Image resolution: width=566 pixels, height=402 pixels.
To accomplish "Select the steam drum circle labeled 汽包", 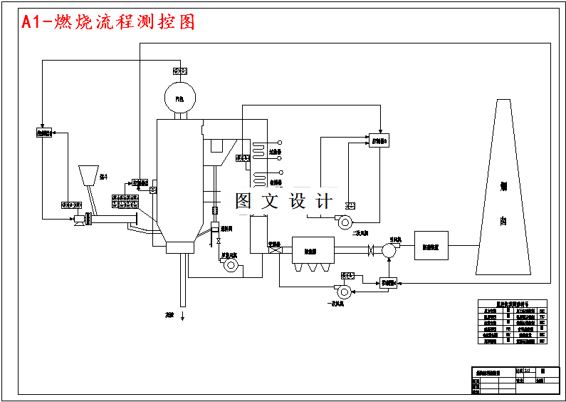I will coord(179,97).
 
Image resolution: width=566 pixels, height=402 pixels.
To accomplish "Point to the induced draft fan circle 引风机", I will coord(389,250).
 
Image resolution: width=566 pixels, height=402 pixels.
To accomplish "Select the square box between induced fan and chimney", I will coord(431,245).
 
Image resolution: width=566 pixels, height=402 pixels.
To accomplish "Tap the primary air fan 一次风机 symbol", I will coord(343,291).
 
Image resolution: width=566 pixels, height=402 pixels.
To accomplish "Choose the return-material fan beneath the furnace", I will coord(231,265).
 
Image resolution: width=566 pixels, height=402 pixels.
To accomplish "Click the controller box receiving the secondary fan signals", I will coord(379,140).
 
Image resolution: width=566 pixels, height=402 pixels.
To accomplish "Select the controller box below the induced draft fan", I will coord(388,283).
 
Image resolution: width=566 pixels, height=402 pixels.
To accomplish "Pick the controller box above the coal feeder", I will coord(44,133).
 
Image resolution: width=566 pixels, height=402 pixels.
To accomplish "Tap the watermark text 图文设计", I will coord(284,202).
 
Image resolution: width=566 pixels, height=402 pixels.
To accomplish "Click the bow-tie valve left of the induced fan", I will coord(370,250).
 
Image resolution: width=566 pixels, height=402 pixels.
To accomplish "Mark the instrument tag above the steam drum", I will coord(180,71).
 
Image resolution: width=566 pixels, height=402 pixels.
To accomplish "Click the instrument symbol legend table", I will coord(513,322).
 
